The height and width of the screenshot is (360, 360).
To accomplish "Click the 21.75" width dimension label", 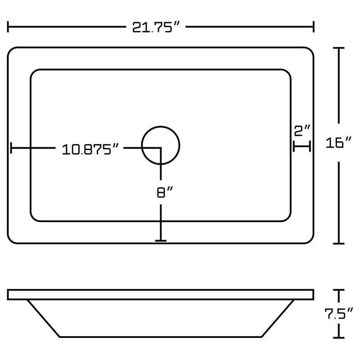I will coord(155,27).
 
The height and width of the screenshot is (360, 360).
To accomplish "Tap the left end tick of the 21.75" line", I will coord(9,27).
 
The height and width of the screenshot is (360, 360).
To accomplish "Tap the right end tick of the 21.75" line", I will coord(313,27).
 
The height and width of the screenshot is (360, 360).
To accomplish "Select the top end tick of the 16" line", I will coord(338,48).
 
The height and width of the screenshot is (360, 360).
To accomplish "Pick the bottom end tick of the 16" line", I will coord(338,243).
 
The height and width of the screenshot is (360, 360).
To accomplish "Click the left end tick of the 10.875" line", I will coord(11,148).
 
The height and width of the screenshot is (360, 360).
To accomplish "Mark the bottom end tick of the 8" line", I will coord(161,241).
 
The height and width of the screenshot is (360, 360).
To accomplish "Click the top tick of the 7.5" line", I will coord(338,290).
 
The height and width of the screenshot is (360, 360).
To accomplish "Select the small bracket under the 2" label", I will coord(302,146).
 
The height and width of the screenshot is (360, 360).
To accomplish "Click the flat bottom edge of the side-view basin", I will coord(161,337).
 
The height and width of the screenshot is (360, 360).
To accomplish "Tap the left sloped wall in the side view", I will coord(44,319).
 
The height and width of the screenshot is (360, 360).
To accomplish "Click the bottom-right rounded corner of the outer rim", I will coord(310,239).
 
